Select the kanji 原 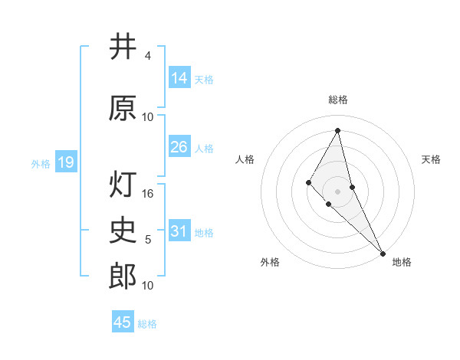pyautogui.click(x=123, y=108)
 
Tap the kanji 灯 pyautogui.click(x=123, y=186)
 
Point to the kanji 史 pyautogui.click(x=123, y=230)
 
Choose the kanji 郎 pyautogui.click(x=123, y=276)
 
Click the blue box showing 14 pyautogui.click(x=179, y=78)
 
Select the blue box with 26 pyautogui.click(x=179, y=147)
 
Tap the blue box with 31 pyautogui.click(x=179, y=231)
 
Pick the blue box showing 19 pyautogui.click(x=66, y=162)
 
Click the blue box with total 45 pyautogui.click(x=123, y=322)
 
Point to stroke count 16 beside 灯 pyautogui.click(x=148, y=195)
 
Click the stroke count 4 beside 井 pyautogui.click(x=147, y=56)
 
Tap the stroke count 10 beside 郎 pyautogui.click(x=148, y=286)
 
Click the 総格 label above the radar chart pyautogui.click(x=337, y=100)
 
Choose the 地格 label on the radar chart pyautogui.click(x=401, y=262)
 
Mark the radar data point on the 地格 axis pyautogui.click(x=383, y=253)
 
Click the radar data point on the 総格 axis pyautogui.click(x=337, y=129)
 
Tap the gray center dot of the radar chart pyautogui.click(x=337, y=191)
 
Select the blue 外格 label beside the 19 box pyautogui.click(x=40, y=163)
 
